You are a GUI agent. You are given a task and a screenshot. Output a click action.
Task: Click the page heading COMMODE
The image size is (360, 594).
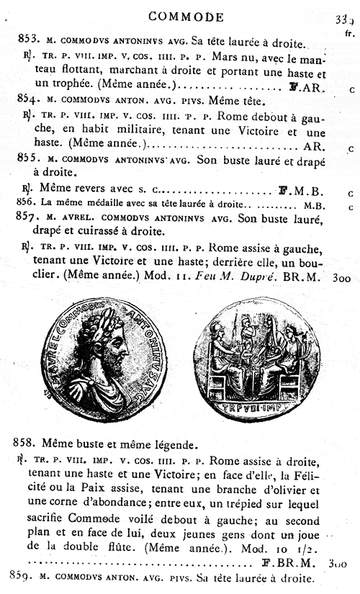pos(178,16)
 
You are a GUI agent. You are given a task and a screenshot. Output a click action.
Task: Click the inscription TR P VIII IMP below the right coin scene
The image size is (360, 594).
pos(257,404)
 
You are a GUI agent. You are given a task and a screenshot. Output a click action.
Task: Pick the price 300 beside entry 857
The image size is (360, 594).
pos(338,277)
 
